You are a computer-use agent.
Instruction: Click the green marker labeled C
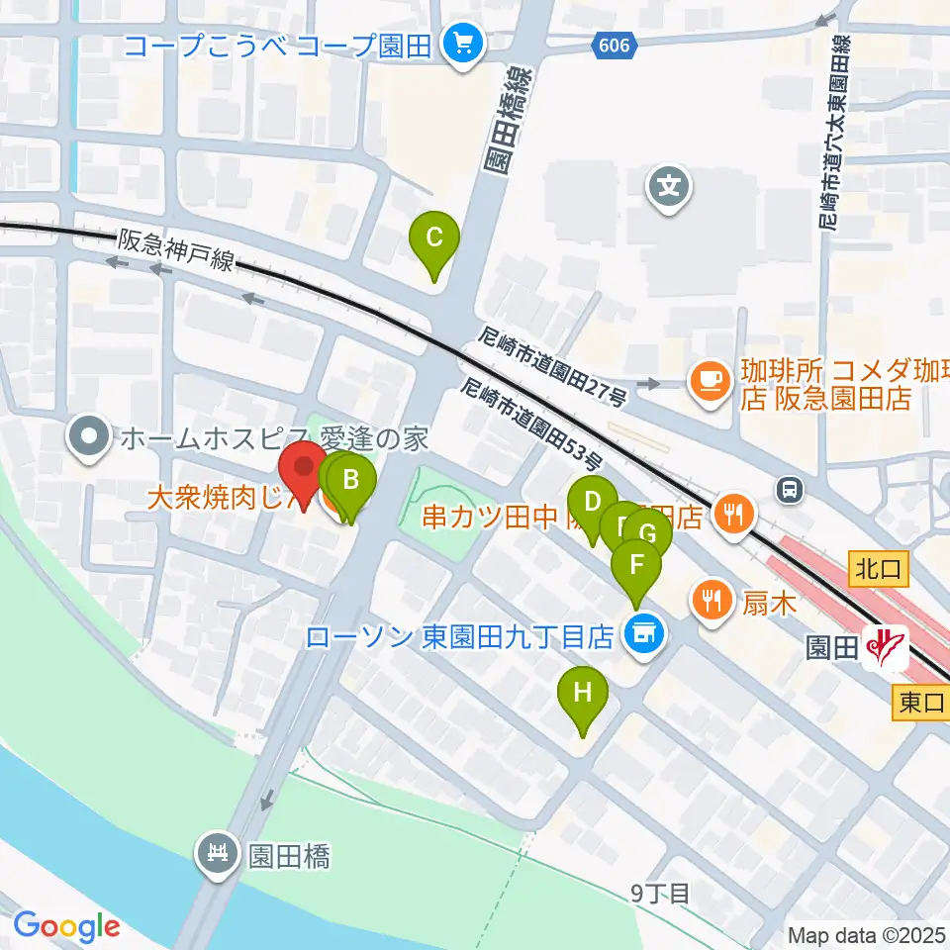434,239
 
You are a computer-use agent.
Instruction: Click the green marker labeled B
350,483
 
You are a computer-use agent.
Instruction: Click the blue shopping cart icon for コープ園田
461,44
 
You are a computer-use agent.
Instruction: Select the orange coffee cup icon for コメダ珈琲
709,379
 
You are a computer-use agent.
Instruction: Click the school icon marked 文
671,184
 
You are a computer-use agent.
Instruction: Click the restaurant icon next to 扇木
711,598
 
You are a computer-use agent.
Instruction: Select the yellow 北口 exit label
875,568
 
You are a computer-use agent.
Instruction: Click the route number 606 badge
615,45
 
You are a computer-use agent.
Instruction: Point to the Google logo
66,926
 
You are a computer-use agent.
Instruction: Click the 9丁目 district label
661,894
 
